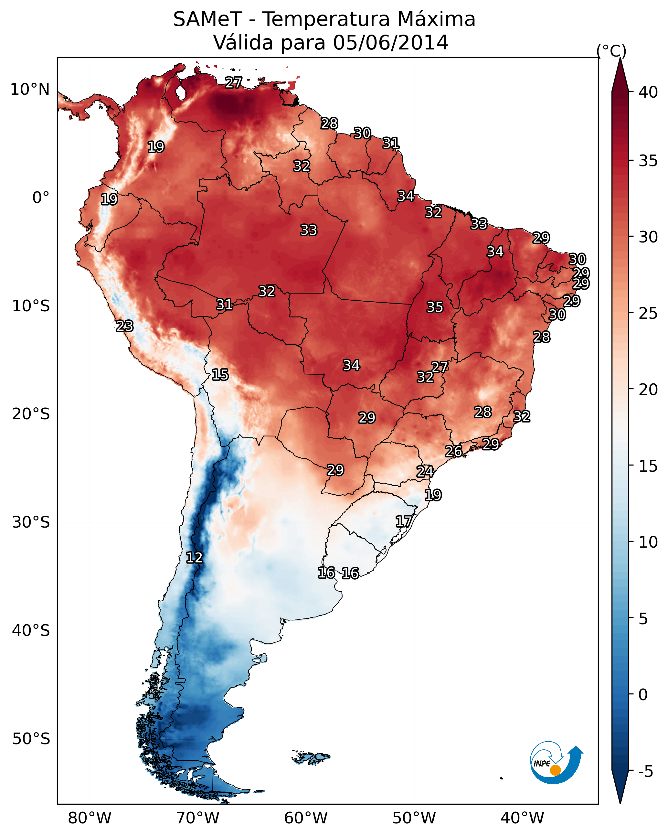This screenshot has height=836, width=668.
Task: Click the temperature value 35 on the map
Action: [435, 307]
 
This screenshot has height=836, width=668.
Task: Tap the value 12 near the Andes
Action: [194, 558]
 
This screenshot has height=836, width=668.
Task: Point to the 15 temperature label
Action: [220, 375]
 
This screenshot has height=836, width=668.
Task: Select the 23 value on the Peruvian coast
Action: [125, 326]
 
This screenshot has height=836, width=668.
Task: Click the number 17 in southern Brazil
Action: [404, 521]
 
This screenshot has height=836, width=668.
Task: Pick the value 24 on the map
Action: [425, 472]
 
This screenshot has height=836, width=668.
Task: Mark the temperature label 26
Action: [453, 451]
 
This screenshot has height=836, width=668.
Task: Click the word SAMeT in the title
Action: [207, 19]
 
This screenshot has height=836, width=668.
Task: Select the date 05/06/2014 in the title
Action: [390, 43]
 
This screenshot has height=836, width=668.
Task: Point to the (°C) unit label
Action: [611, 51]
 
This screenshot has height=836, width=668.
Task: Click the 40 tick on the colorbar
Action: [648, 92]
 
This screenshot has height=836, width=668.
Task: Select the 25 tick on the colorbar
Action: [648, 313]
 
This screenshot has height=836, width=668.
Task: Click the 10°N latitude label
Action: [30, 90]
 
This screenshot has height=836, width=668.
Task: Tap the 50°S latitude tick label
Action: [31, 739]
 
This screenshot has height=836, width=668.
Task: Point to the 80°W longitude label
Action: [90, 818]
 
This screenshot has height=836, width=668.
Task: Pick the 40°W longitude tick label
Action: [522, 818]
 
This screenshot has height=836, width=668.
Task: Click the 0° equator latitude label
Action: [41, 198]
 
